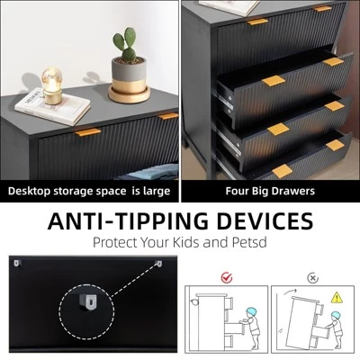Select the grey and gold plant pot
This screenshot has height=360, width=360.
130,80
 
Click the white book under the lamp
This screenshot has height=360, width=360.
52,106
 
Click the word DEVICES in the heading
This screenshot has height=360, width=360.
265,220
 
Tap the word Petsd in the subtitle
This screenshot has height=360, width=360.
249,242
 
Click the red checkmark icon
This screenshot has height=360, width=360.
227,277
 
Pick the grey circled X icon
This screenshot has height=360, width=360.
312,278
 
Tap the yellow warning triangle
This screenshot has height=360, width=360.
337,298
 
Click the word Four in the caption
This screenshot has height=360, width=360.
236,191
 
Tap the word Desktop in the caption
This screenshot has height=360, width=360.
29,192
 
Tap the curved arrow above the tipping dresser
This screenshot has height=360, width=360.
290,292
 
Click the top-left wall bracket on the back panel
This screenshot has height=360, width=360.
17,264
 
